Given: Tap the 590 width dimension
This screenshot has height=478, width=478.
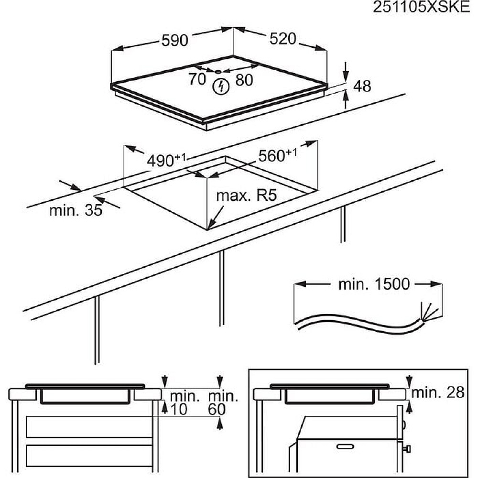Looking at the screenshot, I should (174, 41).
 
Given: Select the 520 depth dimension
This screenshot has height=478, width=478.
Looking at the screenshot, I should (283, 39).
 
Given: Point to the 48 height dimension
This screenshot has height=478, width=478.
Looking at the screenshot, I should (362, 86).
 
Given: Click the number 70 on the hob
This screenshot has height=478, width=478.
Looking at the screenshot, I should (197, 80).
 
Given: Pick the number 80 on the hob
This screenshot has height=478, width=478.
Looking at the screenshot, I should (244, 80).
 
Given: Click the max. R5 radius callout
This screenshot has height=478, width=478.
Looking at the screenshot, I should (247, 196).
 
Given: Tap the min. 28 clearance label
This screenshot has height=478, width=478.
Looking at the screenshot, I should (438, 393).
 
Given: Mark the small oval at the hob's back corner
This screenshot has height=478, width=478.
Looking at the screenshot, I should (218, 72).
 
